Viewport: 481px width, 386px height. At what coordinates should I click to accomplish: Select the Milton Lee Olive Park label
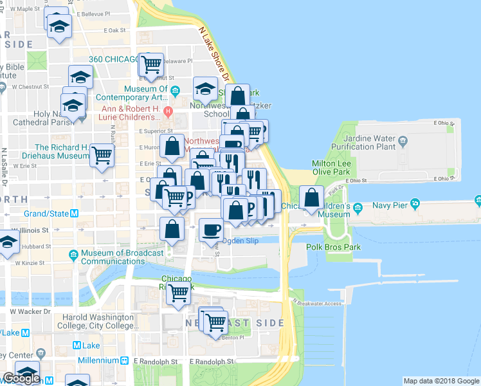click(331, 168)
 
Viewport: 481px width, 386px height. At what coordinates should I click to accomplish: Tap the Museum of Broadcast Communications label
click(117, 257)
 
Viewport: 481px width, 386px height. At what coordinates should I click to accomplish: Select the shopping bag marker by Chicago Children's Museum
click(312, 198)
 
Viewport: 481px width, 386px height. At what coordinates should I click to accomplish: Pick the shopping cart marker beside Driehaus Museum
click(102, 154)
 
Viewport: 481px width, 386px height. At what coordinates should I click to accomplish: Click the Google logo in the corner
click(21, 378)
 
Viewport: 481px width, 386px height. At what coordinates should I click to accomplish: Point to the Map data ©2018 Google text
click(441, 381)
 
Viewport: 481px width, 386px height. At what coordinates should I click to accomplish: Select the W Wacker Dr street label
click(30, 311)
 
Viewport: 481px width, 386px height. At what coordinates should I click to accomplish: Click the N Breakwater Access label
click(316, 303)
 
